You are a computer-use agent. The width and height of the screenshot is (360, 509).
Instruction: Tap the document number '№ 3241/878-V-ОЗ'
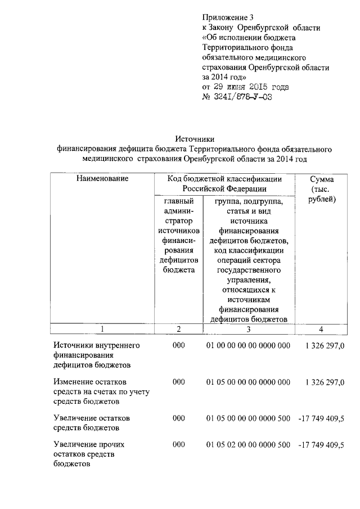pos(233,97)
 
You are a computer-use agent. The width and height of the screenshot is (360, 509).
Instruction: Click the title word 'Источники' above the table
pos(195,139)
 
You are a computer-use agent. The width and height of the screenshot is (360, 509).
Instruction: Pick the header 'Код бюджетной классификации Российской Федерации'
pos(225,183)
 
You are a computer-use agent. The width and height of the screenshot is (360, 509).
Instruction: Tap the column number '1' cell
pos(102,330)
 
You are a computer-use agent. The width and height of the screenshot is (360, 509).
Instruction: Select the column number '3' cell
pos(248,330)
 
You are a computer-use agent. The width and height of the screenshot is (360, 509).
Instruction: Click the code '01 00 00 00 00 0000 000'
pos(248,345)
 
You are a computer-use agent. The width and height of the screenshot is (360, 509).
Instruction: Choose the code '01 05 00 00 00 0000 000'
pos(248,382)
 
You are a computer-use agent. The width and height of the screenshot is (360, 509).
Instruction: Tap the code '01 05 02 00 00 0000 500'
pos(248,444)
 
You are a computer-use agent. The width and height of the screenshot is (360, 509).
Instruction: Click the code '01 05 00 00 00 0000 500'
pos(248,419)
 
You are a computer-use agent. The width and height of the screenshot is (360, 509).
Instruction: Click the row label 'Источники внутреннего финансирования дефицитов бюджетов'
pos(96,354)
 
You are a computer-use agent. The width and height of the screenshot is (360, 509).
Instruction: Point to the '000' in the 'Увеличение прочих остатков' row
pos(178,444)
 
